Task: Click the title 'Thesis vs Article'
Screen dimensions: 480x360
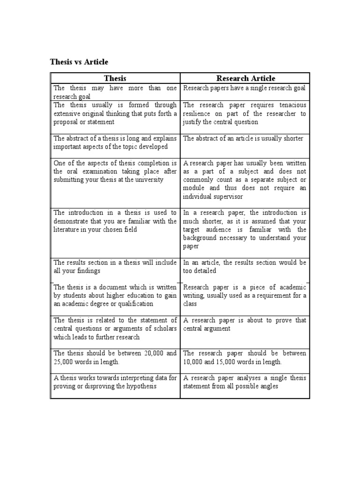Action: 79,62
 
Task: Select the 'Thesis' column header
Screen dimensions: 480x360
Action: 115,78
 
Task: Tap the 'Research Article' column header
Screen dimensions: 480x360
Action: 245,78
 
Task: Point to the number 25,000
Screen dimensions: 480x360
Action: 64,362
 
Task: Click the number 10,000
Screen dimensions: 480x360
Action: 194,362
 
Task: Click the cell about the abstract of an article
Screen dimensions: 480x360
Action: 243,138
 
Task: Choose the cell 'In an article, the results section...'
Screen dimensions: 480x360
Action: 245,267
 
